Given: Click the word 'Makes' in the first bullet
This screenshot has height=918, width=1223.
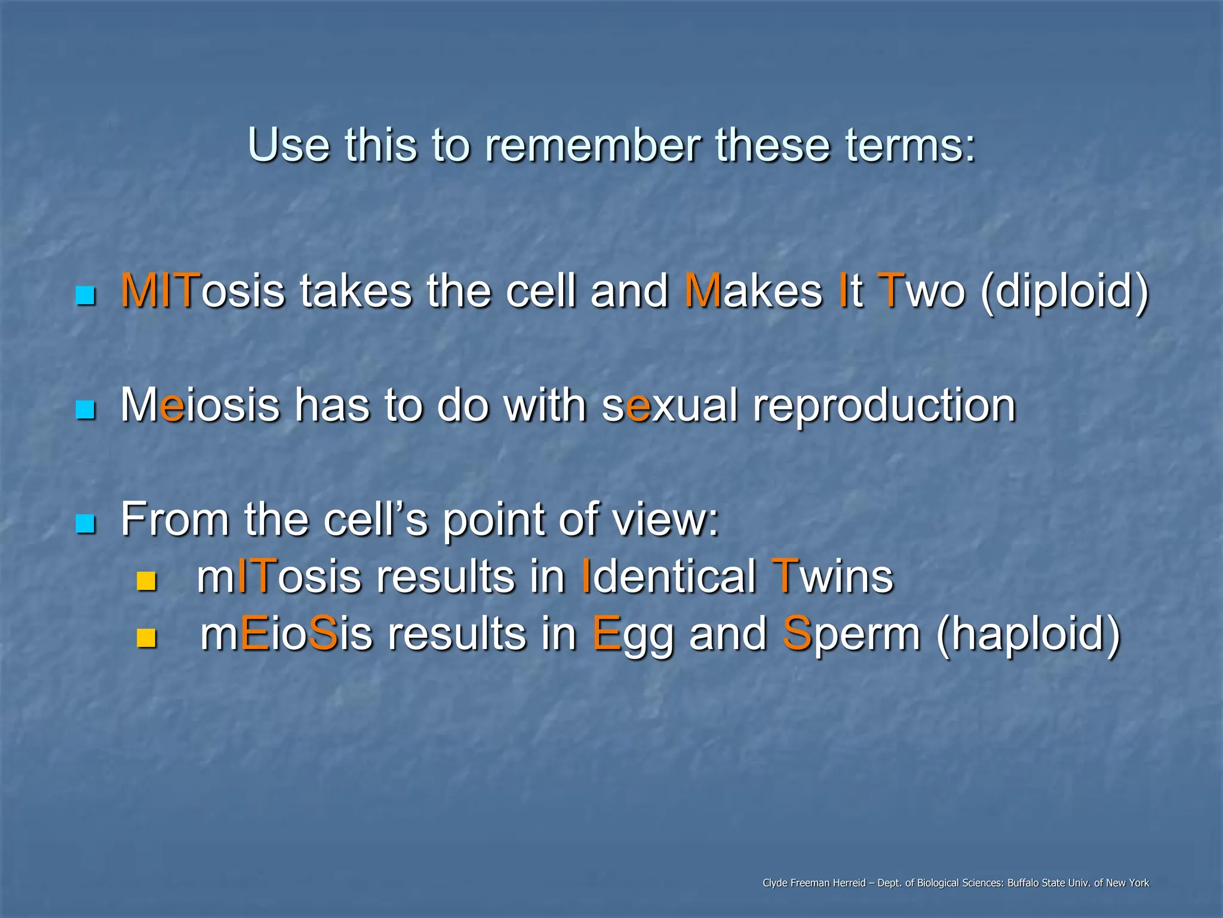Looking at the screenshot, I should click(x=754, y=291).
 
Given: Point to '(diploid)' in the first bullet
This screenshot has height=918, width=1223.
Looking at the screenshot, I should click(x=1064, y=293).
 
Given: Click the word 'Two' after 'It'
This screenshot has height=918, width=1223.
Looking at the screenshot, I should click(x=920, y=291).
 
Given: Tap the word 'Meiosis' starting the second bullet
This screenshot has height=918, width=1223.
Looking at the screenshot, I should click(x=200, y=405).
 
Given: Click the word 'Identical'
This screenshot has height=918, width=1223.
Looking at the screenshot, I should click(x=669, y=577).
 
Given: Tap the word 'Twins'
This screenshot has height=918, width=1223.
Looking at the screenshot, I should click(x=832, y=577).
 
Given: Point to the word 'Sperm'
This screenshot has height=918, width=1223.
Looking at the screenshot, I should click(x=851, y=635).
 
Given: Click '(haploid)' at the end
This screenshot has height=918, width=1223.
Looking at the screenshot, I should click(x=1028, y=635).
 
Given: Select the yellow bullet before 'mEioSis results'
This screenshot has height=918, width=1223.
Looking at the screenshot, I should click(x=146, y=638).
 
